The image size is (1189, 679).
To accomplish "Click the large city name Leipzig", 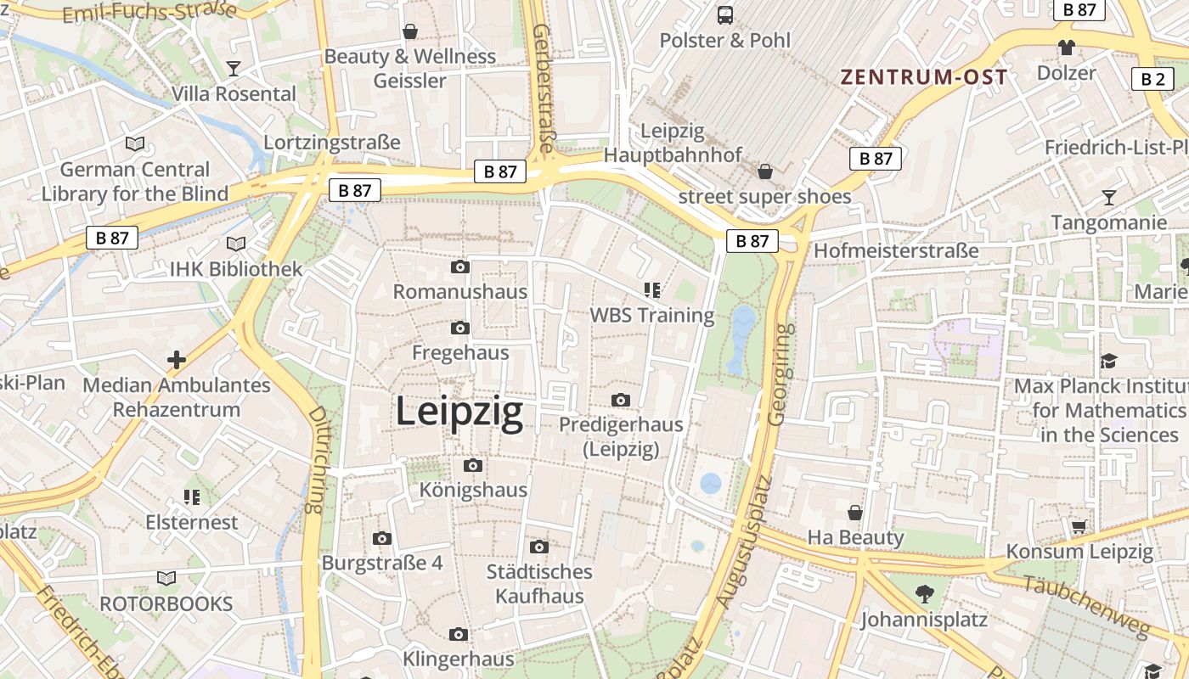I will pos(459,412).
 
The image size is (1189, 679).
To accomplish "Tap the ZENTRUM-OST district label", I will pos(924,77).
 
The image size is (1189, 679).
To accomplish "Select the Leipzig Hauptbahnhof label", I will pos(673,143).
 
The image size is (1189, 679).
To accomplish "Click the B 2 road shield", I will pos(1152,79).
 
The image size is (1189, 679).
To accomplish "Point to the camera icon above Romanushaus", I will pos(460,267).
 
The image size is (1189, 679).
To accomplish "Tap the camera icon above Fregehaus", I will pos(460,328).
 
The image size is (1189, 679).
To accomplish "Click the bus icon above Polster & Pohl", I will pos(725,14).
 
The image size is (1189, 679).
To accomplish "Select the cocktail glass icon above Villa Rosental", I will pos(234,68).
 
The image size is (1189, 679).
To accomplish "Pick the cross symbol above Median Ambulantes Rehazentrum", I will pos(177,360).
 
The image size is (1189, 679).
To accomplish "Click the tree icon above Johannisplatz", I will pos(925,594).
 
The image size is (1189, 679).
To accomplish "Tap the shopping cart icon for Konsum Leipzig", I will pos(1079,527).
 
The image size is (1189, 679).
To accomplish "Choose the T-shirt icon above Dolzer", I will pos(1067,48).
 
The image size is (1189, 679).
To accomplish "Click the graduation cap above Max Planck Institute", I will pos(1108,362).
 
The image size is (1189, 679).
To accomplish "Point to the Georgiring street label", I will pos(780,373).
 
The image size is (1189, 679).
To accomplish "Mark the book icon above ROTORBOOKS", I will pos(166,579).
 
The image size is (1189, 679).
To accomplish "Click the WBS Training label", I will pos(652,315).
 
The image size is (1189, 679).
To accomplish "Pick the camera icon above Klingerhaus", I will pos(459,635).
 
